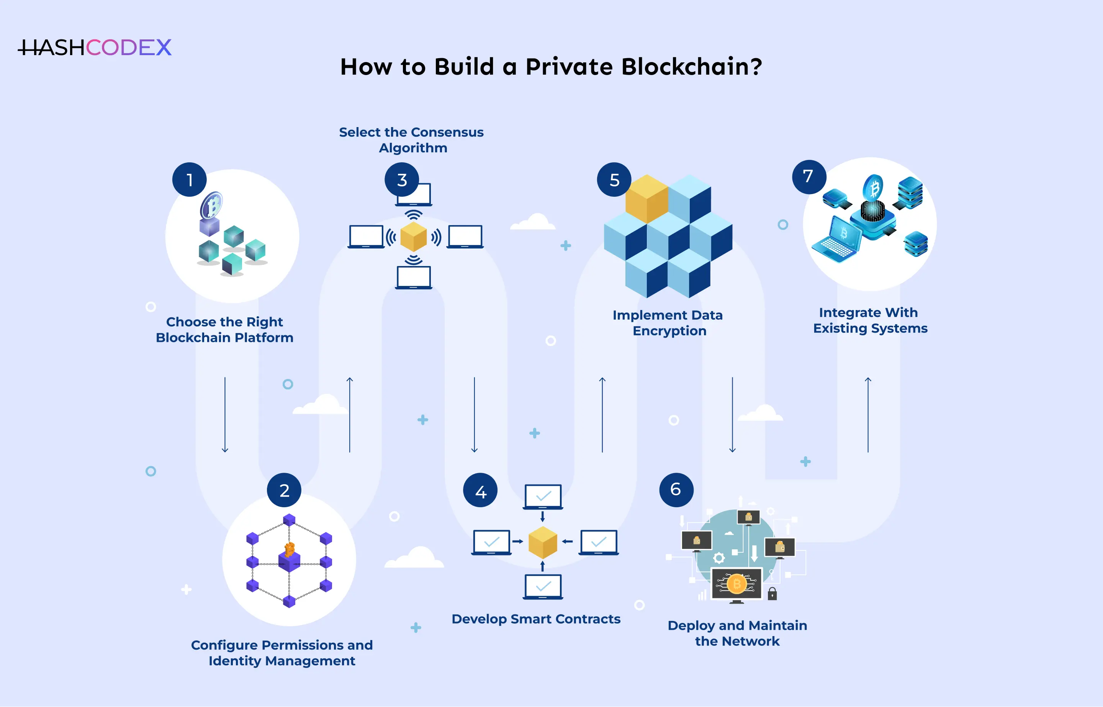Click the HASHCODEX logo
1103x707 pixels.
point(95,47)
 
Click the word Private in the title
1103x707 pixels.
point(569,67)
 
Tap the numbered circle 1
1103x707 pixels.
point(189,180)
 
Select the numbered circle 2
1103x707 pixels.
point(284,490)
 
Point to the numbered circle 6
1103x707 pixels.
point(676,490)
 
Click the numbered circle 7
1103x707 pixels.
point(808,177)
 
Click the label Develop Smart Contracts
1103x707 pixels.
point(535,619)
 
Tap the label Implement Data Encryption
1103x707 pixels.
point(668,323)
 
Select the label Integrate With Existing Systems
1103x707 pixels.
point(870,320)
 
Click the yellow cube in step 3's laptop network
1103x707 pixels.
point(413,237)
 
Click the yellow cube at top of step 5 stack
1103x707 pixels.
point(646,198)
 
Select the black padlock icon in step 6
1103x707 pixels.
point(772,594)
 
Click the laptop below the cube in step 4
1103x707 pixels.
point(543,587)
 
